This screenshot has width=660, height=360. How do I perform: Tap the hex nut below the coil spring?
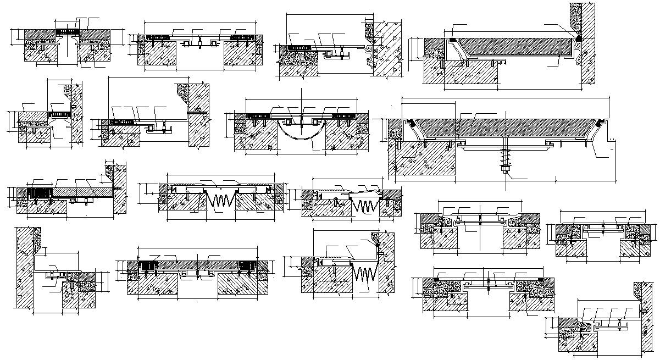(x=504, y=171)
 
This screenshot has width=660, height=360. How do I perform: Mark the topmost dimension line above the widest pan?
(x=506, y=97)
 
